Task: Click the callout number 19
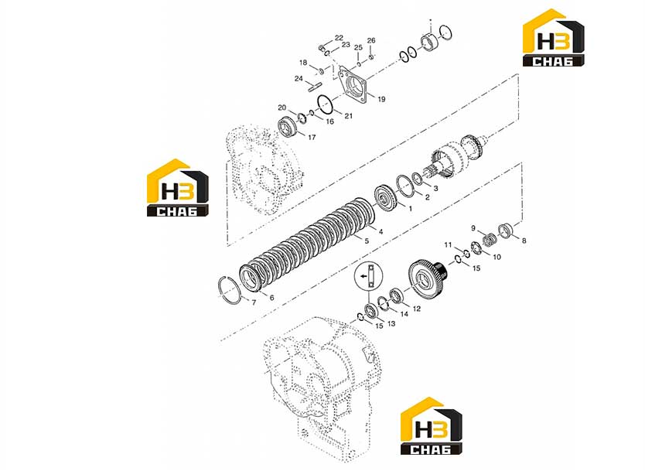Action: pos(381,99)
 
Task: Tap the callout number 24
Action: pos(299,79)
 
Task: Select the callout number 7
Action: pos(254,302)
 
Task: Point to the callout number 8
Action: pos(524,241)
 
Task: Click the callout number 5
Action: pos(367,241)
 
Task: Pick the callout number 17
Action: pos(312,137)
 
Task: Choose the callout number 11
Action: pos(448,245)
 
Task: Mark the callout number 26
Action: pos(371,40)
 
